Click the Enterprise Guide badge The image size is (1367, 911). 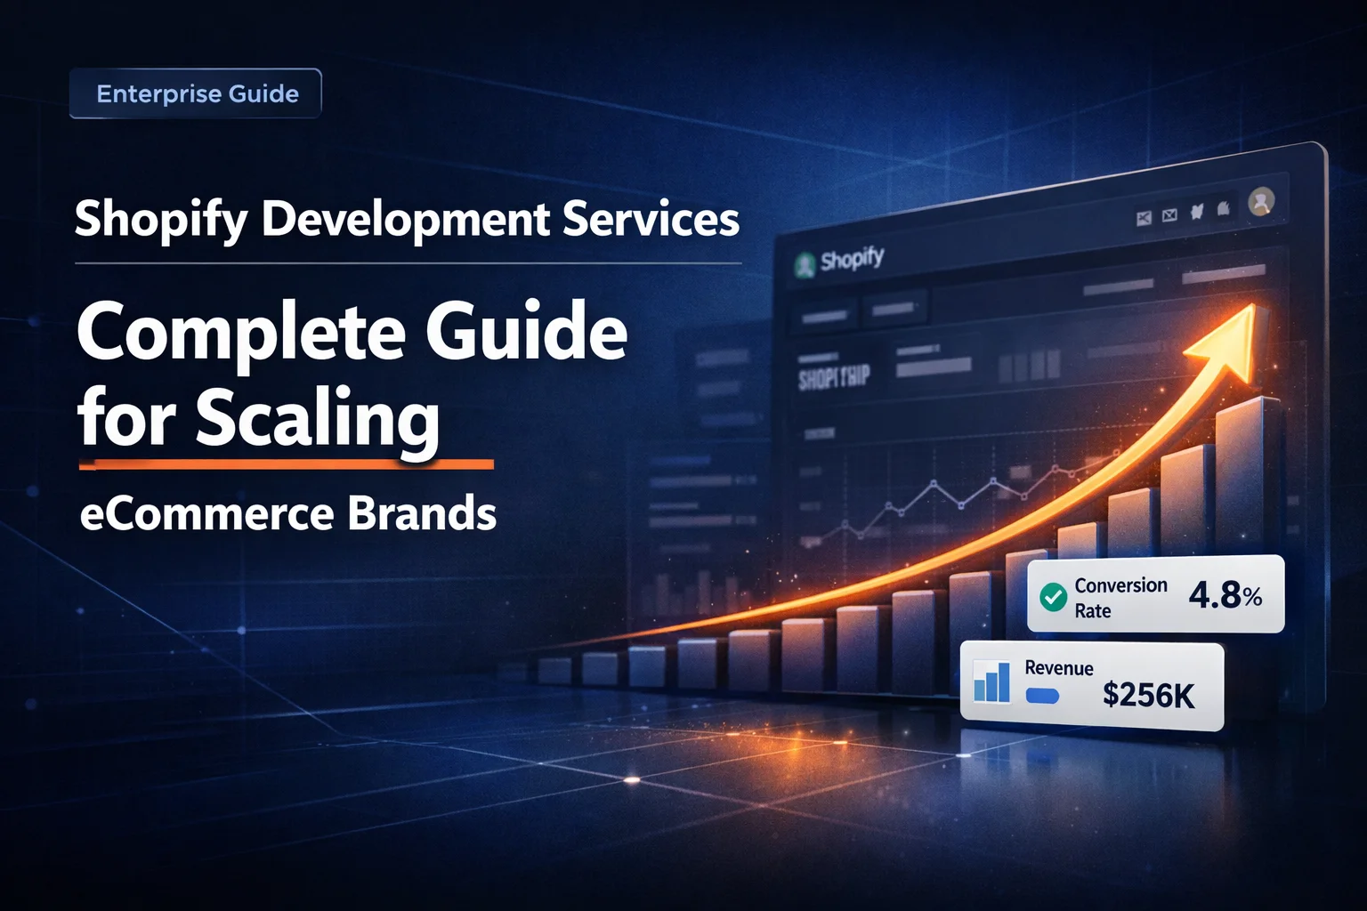click(196, 93)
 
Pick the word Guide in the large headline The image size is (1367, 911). click(526, 331)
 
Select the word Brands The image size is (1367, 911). click(422, 514)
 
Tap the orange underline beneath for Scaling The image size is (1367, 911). click(286, 464)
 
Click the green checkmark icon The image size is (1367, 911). click(1054, 597)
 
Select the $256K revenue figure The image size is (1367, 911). click(1148, 695)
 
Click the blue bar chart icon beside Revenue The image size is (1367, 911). click(992, 682)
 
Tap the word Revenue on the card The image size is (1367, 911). click(1059, 668)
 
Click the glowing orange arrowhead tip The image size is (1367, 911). click(1242, 324)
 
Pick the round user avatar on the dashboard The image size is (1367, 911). click(1261, 202)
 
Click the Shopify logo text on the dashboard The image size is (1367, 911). click(852, 260)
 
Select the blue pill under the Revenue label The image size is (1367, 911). click(1042, 696)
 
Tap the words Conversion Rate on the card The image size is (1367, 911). click(1120, 598)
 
